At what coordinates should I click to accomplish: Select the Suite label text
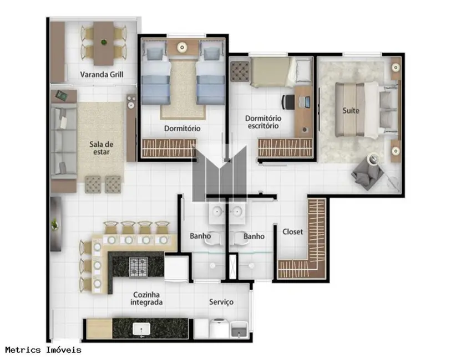click(x=351, y=110)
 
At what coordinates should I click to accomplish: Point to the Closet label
click(x=292, y=232)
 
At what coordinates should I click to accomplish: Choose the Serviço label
click(x=221, y=302)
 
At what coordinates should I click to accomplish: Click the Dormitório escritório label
click(x=263, y=122)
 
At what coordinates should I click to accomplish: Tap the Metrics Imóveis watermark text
click(x=43, y=350)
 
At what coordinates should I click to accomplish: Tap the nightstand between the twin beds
click(x=182, y=48)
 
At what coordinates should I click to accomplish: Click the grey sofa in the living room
click(x=63, y=143)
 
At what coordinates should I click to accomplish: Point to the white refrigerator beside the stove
click(x=176, y=269)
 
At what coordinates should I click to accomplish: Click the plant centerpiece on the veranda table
click(x=104, y=42)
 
